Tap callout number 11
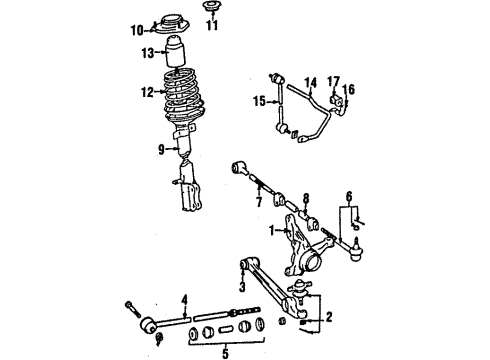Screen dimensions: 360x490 tap(210, 26)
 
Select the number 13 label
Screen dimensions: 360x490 tap(149, 52)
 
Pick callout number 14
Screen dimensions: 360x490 tap(311, 84)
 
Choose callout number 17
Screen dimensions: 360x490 tap(334, 83)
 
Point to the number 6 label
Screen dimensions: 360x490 tap(349, 197)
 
